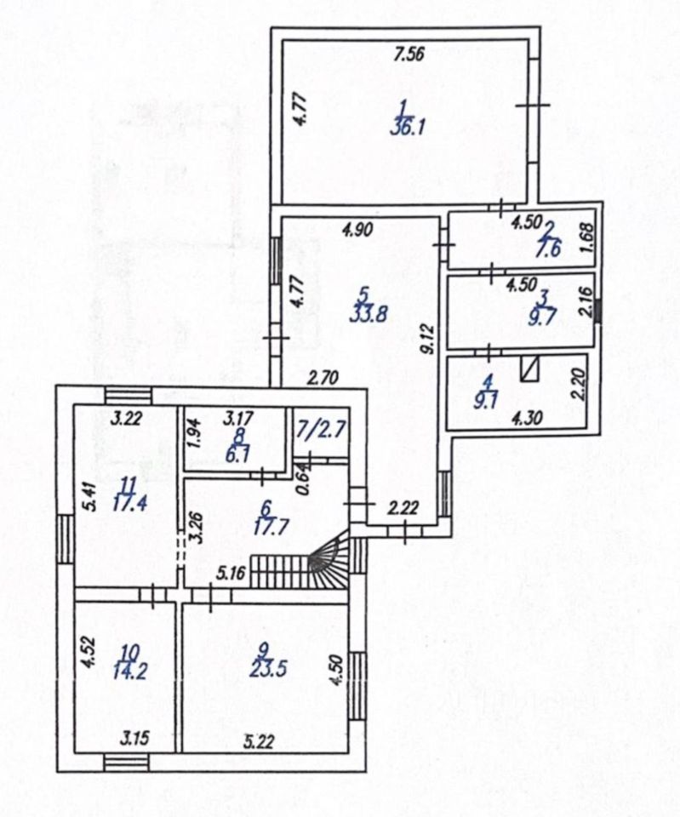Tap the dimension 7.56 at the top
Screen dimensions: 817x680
tap(409, 55)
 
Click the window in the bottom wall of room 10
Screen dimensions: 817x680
tap(125, 762)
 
